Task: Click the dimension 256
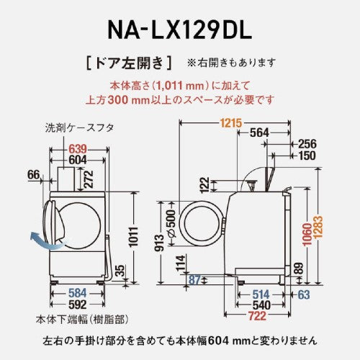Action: click(307, 143)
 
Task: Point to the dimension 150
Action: click(307, 155)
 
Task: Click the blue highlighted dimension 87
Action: click(193, 281)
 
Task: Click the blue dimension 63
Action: click(305, 293)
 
